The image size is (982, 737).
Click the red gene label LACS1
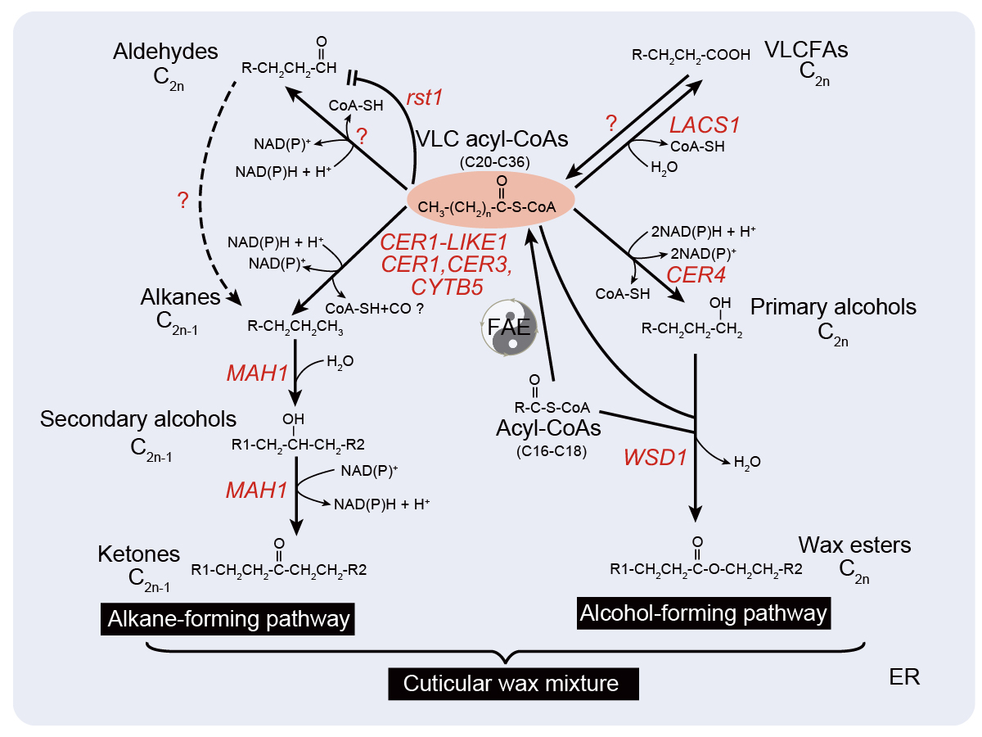[705, 125]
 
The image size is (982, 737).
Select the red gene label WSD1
[654, 456]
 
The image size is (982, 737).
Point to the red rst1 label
[424, 98]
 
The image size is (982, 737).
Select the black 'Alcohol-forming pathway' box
[704, 613]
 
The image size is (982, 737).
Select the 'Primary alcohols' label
[833, 307]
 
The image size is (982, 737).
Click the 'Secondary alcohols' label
[138, 419]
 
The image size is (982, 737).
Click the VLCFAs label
[805, 50]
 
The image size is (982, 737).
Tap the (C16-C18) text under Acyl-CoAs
[547, 450]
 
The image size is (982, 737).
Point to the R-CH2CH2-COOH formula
[691, 55]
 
